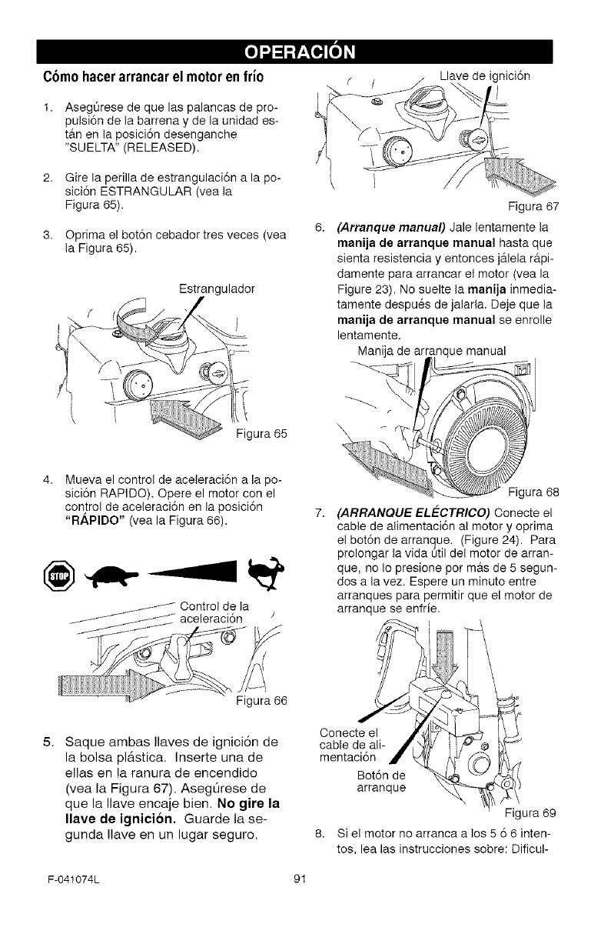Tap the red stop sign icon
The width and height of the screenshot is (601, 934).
(x=58, y=575)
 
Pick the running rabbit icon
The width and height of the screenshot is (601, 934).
(x=270, y=574)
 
